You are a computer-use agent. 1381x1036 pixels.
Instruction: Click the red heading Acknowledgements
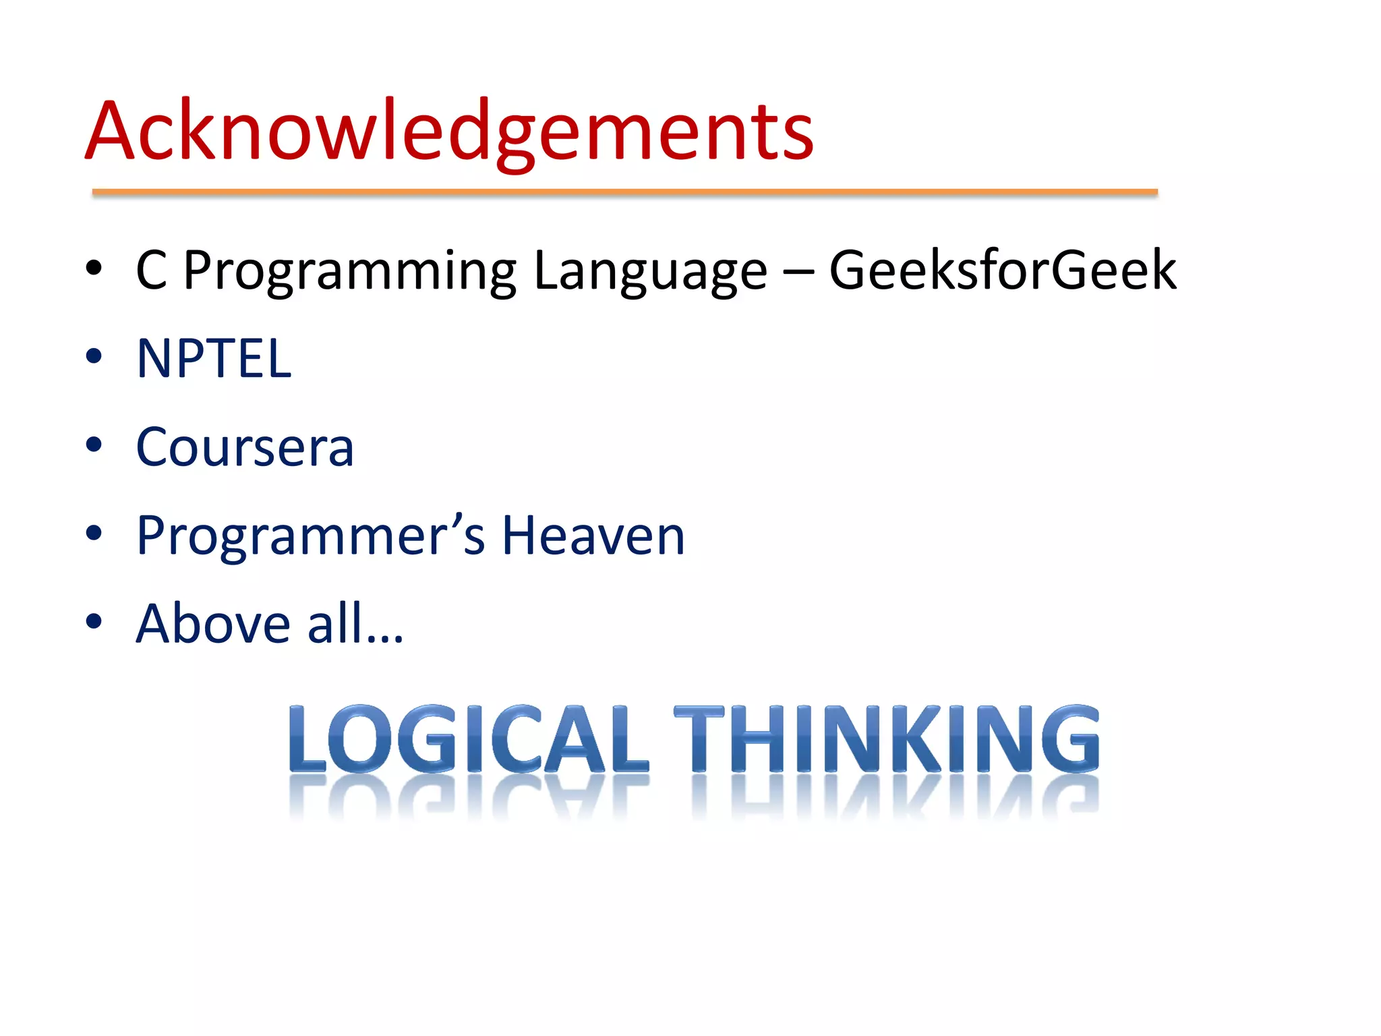449,132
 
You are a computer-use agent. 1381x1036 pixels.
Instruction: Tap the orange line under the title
624,193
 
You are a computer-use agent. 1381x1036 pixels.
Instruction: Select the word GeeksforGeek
1002,270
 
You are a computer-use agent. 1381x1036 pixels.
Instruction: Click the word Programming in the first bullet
349,272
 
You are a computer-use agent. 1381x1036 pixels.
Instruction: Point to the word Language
650,272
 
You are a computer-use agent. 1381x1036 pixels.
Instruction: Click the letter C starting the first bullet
152,270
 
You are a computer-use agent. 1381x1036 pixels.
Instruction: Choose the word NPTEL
214,358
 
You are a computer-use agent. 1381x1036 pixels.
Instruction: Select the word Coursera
245,447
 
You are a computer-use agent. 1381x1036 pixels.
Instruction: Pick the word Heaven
593,536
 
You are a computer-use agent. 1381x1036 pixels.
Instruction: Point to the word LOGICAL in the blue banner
468,739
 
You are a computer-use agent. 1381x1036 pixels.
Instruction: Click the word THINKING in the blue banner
886,739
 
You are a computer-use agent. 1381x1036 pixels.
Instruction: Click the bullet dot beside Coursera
94,444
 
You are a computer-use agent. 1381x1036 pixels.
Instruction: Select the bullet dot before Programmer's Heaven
94,533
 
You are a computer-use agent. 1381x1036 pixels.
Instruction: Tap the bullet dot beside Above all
94,621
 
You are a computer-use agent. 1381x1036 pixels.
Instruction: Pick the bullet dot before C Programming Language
94,268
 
